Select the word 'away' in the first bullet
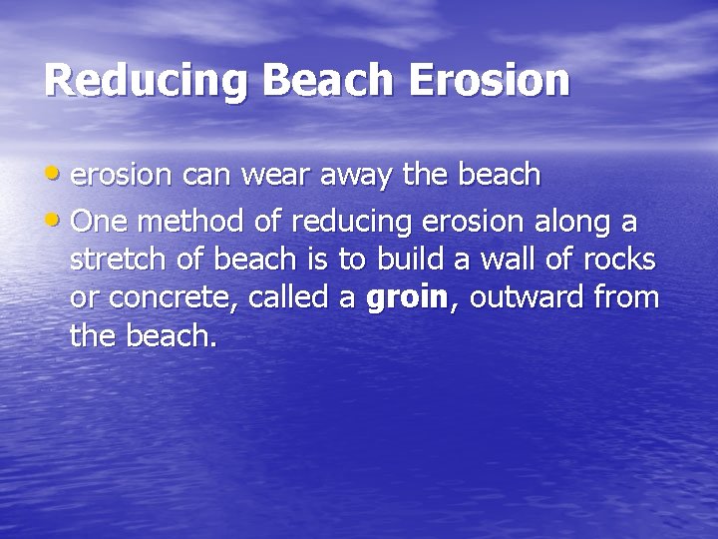pyautogui.click(x=369, y=177)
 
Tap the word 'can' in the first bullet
pyautogui.click(x=207, y=177)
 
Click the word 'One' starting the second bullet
pyautogui.click(x=98, y=220)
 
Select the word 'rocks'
pyautogui.click(x=620, y=259)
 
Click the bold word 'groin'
pyautogui.click(x=407, y=298)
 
